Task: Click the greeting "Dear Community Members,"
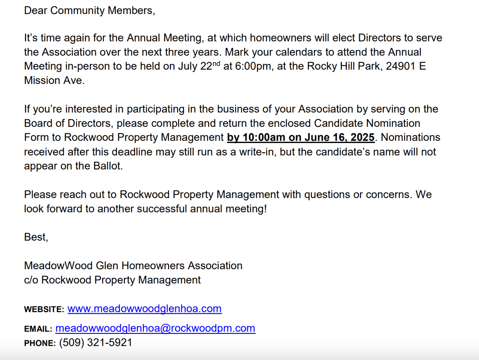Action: (x=89, y=10)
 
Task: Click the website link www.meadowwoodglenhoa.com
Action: (x=145, y=309)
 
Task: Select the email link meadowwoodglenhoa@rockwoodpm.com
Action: (x=155, y=328)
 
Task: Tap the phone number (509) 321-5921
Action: (x=95, y=342)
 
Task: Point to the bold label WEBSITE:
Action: (x=44, y=309)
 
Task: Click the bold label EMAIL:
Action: (x=38, y=329)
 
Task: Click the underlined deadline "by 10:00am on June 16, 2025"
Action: (x=301, y=138)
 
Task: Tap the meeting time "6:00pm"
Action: (x=254, y=67)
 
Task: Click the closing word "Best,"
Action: (x=36, y=237)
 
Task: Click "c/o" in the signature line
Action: (x=31, y=280)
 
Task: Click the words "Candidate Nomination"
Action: (x=367, y=123)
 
